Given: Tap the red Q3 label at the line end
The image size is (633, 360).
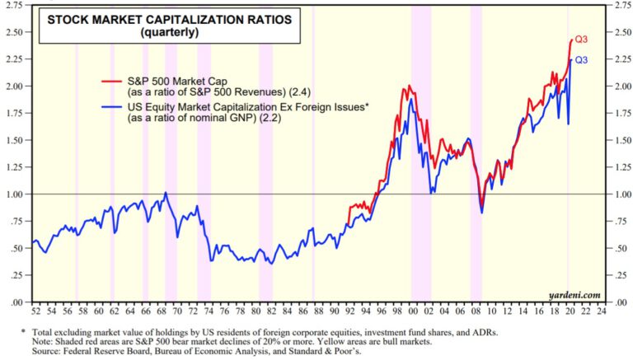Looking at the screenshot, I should tap(581, 40).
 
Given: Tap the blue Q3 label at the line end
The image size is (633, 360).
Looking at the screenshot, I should tap(581, 60).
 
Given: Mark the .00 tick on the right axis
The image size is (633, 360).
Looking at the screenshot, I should tap(613, 302).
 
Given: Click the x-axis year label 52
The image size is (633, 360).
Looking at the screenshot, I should tap(35, 313).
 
